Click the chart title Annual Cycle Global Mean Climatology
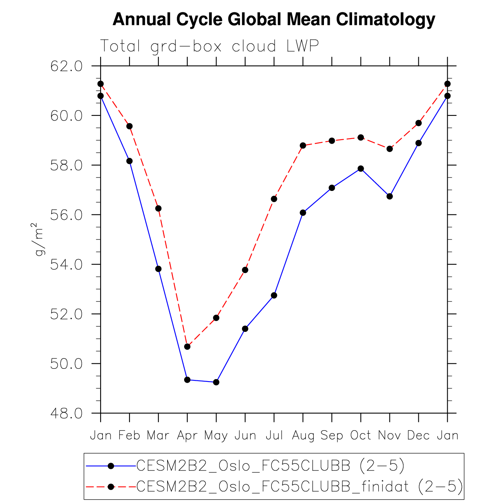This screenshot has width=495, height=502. pyautogui.click(x=274, y=19)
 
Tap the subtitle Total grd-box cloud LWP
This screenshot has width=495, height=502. pyautogui.click(x=209, y=46)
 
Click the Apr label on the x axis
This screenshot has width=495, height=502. pyautogui.click(x=187, y=435)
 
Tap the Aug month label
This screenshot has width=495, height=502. pyautogui.click(x=303, y=435)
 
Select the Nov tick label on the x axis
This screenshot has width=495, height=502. pyautogui.click(x=389, y=435)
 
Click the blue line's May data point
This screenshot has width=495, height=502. pyautogui.click(x=216, y=382)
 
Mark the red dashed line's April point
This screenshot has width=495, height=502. pyautogui.click(x=187, y=346)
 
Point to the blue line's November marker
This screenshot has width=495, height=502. pyautogui.click(x=389, y=196)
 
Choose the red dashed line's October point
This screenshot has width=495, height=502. pyautogui.click(x=361, y=137)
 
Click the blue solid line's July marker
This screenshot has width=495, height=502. pyautogui.click(x=274, y=295)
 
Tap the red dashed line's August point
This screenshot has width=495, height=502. pyautogui.click(x=303, y=146)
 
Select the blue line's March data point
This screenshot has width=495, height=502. pyautogui.click(x=158, y=269)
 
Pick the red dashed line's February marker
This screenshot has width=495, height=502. pyautogui.click(x=129, y=126)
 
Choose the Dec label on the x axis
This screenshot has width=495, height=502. pyautogui.click(x=418, y=435)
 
